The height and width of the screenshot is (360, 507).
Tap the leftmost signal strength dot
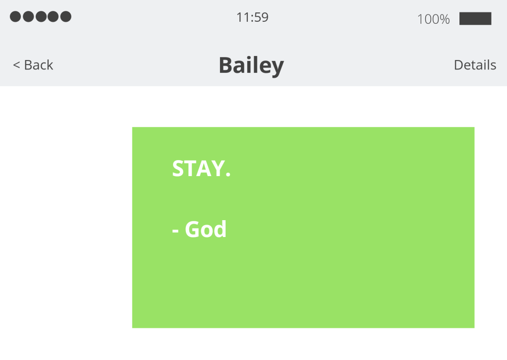(15, 17)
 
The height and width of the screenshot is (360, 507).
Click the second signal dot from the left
(28, 17)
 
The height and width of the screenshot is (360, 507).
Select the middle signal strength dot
(41, 17)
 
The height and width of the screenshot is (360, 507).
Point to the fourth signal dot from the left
(53, 17)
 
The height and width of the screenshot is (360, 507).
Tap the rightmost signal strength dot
(65, 17)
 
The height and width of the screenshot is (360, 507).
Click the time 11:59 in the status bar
(252, 18)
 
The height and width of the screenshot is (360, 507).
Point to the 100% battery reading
(433, 19)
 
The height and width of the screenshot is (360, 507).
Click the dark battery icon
(475, 19)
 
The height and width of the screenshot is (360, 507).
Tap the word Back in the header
(39, 65)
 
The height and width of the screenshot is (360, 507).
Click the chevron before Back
(16, 65)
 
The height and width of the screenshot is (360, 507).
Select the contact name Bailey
(251, 65)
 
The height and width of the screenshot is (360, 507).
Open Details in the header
(475, 65)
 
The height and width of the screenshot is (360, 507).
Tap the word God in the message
(206, 230)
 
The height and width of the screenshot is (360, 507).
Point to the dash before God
(175, 231)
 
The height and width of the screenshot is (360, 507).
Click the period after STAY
(228, 175)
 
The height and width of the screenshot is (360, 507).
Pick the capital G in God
(193, 230)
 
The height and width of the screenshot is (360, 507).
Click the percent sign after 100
(444, 19)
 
